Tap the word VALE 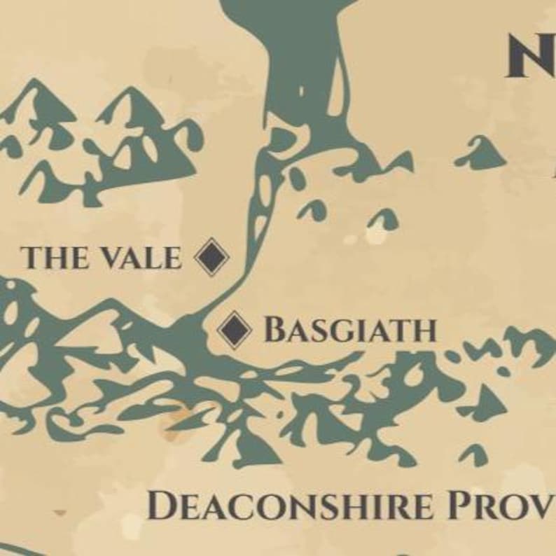click(140, 258)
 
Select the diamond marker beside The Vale click(211, 257)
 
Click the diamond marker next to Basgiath click(235, 330)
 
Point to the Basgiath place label click(349, 330)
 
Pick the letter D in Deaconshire click(162, 506)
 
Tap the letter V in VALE click(113, 258)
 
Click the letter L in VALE click(155, 258)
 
